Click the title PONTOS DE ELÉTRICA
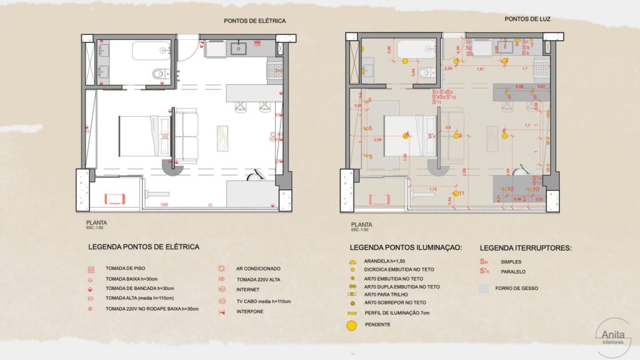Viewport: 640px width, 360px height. pyautogui.click(x=255, y=21)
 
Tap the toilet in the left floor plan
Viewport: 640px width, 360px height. pyautogui.click(x=159, y=74)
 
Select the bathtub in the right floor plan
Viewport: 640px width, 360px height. pyautogui.click(x=415, y=49)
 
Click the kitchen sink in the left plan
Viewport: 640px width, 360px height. pyautogui.click(x=239, y=47)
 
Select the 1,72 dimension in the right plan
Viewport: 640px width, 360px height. pyautogui.click(x=432, y=189)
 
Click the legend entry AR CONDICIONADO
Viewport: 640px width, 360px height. pyautogui.click(x=259, y=268)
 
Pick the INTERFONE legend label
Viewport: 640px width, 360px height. pyautogui.click(x=250, y=311)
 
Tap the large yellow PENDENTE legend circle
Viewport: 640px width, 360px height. pyautogui.click(x=352, y=325)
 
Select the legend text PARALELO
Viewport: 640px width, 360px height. pyautogui.click(x=513, y=272)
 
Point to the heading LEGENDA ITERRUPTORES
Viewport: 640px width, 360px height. pyautogui.click(x=526, y=247)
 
